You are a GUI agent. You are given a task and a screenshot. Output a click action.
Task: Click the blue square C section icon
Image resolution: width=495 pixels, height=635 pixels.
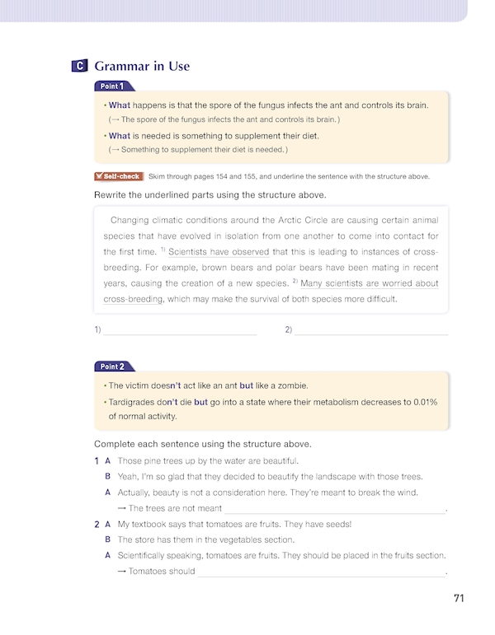pyautogui.click(x=79, y=67)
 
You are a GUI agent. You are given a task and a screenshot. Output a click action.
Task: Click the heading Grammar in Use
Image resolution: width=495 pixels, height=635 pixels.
pyautogui.click(x=142, y=67)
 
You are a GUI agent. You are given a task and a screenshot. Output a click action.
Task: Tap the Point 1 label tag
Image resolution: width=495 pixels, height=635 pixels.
pyautogui.click(x=113, y=86)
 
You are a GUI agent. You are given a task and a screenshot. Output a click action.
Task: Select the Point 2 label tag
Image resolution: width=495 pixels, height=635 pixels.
pyautogui.click(x=113, y=367)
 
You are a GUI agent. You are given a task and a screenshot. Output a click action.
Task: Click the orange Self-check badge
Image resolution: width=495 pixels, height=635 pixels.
pyautogui.click(x=119, y=176)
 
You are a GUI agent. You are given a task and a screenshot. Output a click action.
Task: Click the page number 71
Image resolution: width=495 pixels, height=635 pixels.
pyautogui.click(x=460, y=599)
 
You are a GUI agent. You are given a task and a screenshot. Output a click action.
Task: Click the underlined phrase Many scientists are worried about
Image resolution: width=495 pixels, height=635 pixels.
pyautogui.click(x=370, y=284)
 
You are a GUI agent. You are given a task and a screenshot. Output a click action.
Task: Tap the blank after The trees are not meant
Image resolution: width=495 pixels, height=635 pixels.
pyautogui.click(x=334, y=509)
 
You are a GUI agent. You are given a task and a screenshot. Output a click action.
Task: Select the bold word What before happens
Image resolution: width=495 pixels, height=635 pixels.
pyautogui.click(x=120, y=105)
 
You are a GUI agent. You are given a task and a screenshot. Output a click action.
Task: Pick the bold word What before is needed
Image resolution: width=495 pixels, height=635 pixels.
pyautogui.click(x=120, y=136)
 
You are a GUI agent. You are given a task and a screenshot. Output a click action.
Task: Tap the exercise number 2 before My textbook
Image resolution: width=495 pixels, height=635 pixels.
pyautogui.click(x=97, y=525)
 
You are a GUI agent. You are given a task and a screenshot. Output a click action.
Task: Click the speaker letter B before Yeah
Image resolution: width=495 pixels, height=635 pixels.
pyautogui.click(x=107, y=477)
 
